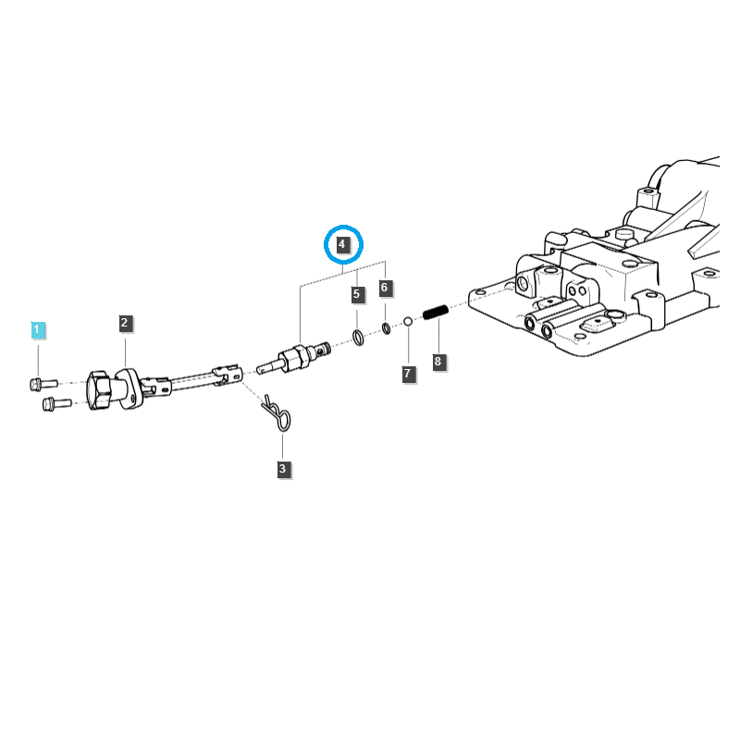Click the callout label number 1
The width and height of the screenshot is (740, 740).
38,329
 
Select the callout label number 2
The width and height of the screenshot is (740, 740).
125,323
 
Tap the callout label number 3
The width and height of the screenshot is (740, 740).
283,469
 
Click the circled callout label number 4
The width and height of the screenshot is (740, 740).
342,244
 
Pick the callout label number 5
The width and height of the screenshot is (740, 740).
357,294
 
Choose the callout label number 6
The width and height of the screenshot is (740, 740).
385,288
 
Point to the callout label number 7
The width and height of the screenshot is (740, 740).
408,374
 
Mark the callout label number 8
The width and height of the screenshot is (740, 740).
438,362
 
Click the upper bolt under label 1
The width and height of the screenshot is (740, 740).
43,384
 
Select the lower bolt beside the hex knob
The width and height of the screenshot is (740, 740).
56,403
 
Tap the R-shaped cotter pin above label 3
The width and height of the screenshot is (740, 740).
277,413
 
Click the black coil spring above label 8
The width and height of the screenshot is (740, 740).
435,312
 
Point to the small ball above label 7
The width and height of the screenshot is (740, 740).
408,321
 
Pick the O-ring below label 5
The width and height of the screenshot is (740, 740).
358,338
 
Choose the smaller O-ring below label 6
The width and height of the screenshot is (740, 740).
386,328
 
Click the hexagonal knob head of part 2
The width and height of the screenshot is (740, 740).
98,390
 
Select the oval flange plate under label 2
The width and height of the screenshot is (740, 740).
129,388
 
